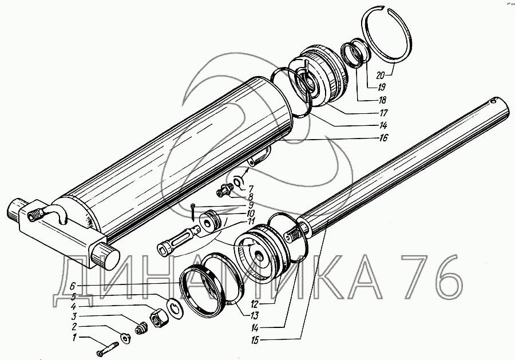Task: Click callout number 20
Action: [x=381, y=75]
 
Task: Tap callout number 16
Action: [x=383, y=137]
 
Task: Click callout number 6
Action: [x=73, y=286]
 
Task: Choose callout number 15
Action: [x=255, y=341]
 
